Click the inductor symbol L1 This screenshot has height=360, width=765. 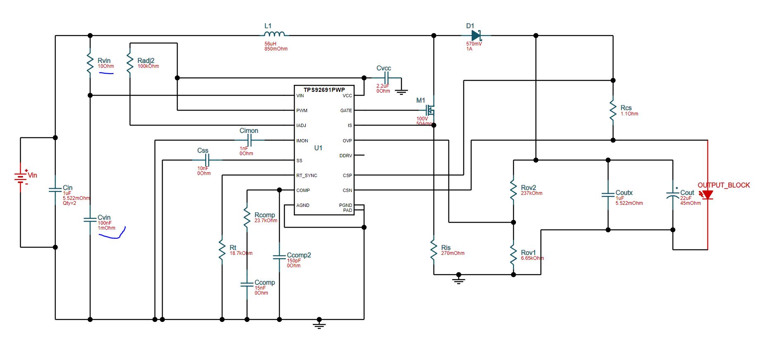point(274,34)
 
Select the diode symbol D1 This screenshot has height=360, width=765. point(476,36)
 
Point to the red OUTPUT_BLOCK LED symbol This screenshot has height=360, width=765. point(707,194)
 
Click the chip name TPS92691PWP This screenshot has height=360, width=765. point(324,90)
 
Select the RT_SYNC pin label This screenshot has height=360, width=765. point(307,175)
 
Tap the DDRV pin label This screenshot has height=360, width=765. point(345,156)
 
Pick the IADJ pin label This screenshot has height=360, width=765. point(301,125)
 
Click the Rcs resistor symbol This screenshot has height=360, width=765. point(613,110)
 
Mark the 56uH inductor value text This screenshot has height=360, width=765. point(270,43)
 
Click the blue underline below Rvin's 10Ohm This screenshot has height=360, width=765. point(106,73)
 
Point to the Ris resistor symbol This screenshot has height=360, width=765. point(434,250)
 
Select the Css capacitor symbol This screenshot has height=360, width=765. point(208,160)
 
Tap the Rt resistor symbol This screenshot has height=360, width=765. point(222,250)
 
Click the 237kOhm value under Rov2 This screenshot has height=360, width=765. point(531,193)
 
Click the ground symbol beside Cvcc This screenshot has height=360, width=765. point(401,91)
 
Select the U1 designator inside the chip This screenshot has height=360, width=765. point(318,148)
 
